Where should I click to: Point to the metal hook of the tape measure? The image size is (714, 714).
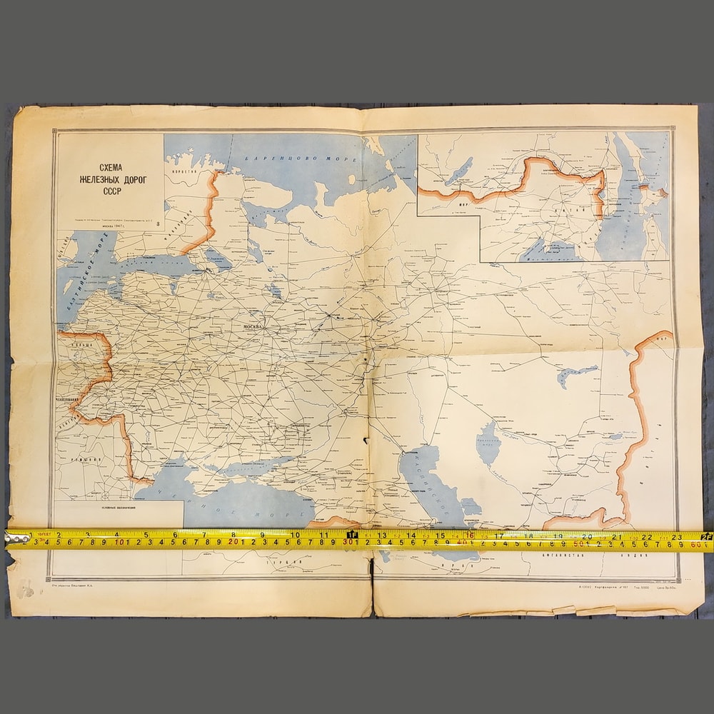(12, 540)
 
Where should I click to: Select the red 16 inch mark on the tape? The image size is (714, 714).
(468, 535)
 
